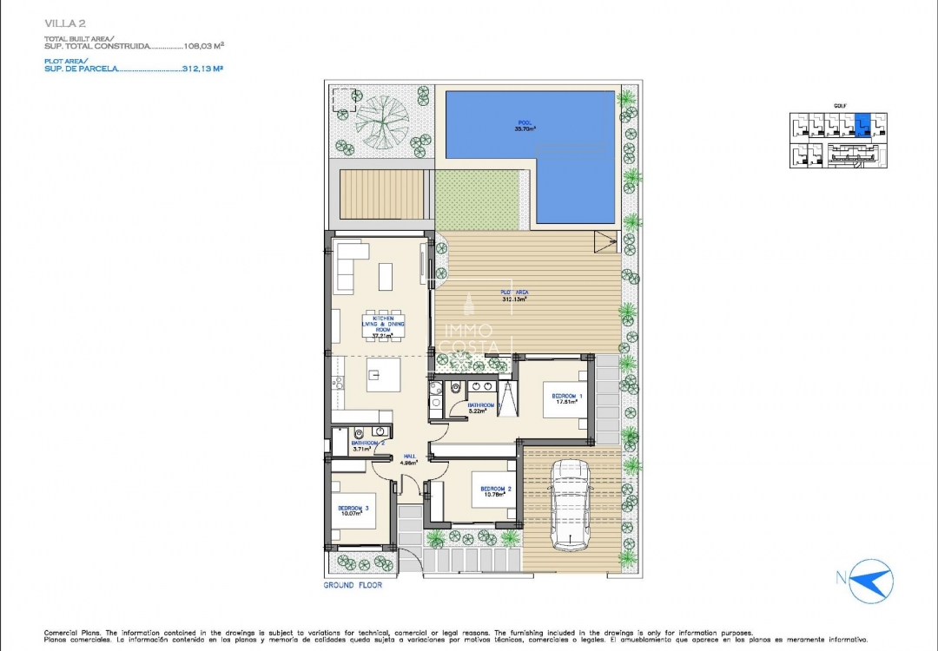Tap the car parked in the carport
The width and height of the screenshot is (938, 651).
[570, 504]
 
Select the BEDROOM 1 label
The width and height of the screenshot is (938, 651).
[566, 396]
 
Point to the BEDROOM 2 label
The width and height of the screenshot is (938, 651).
[496, 489]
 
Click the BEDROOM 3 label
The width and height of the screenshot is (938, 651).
[353, 507]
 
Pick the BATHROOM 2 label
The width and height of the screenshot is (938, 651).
[367, 443]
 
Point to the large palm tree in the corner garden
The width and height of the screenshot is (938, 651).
[382, 121]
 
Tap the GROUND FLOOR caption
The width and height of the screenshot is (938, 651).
[352, 585]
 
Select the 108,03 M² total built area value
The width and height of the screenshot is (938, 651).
[205, 47]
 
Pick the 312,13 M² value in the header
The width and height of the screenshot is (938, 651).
[203, 68]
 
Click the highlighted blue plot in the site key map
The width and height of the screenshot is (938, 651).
[862, 126]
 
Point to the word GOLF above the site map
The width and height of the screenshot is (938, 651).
[839, 106]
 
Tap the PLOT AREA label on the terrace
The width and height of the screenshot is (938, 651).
[513, 293]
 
